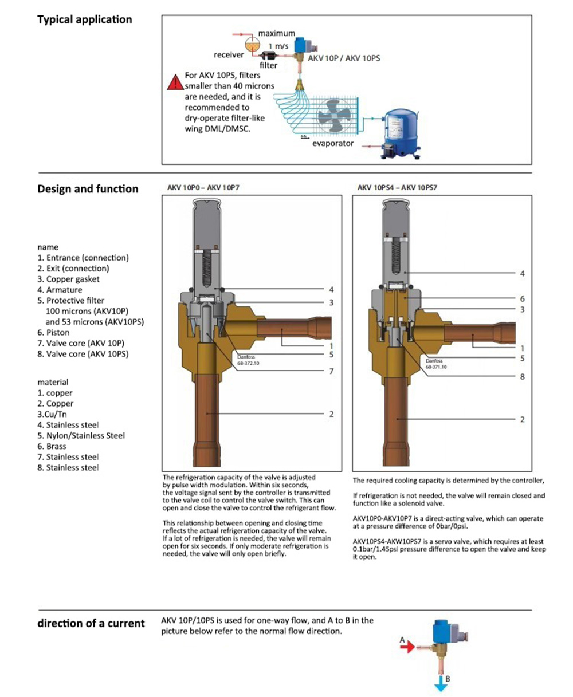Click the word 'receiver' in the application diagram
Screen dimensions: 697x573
click(x=229, y=55)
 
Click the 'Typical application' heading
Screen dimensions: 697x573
click(x=84, y=19)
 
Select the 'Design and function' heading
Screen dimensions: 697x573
click(x=88, y=189)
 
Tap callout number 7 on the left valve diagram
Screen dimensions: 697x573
click(x=331, y=372)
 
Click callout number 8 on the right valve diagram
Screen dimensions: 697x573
click(x=522, y=377)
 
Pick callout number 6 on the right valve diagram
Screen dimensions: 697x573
click(x=522, y=298)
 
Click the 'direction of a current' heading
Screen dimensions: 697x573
click(x=91, y=623)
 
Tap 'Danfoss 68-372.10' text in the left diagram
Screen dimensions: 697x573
click(x=249, y=361)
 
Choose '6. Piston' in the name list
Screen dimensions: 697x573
click(x=53, y=333)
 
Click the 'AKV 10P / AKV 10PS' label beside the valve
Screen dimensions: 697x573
click(x=344, y=58)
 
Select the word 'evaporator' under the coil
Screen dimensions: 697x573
click(x=333, y=144)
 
